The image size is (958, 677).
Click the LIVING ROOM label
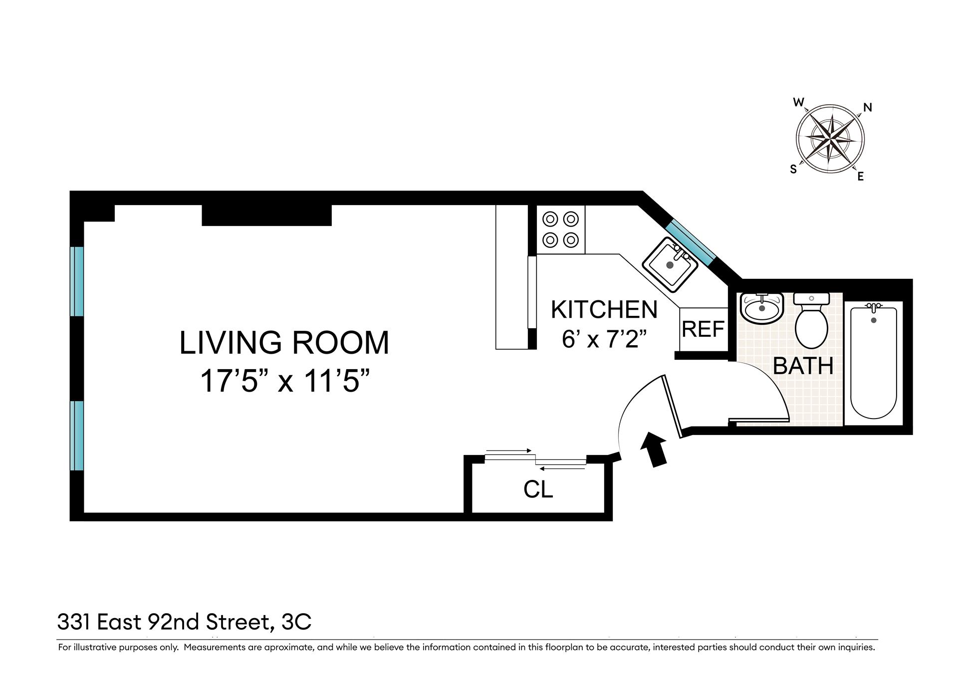coord(284,343)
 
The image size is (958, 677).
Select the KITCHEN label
coord(604,309)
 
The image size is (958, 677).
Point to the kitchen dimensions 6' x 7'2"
coord(604,339)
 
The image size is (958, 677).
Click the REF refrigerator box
coord(703,329)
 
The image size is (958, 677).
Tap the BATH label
coord(803,366)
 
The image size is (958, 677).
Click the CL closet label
coord(538,489)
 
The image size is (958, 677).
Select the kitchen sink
coord(670,264)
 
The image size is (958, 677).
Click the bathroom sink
coord(762,307)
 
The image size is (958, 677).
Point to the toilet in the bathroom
coord(811,321)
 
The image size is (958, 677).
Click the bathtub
coord(873,363)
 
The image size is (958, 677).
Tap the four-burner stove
coord(560,229)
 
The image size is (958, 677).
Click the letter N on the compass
coord(868,107)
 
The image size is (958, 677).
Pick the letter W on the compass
coord(799,102)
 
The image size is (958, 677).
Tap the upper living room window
coord(76,281)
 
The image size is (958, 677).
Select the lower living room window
coord(76,436)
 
